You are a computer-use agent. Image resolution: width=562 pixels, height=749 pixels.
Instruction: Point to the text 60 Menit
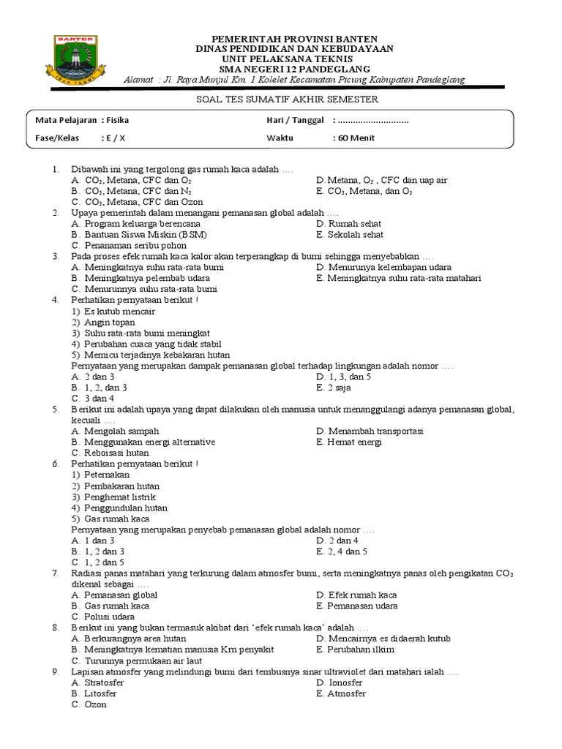[x=356, y=138]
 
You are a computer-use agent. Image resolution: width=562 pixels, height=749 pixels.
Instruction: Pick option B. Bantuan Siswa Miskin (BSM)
[x=139, y=235]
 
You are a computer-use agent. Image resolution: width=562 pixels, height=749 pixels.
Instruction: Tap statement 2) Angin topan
[x=100, y=322]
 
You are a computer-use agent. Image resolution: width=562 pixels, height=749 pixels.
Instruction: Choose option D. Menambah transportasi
[x=370, y=431]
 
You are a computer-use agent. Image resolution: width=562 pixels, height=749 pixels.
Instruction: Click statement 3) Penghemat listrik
[x=113, y=497]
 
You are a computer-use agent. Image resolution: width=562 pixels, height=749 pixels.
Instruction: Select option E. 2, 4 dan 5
[x=342, y=551]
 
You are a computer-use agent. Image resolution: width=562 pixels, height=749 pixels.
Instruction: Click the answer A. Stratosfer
[x=97, y=682]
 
